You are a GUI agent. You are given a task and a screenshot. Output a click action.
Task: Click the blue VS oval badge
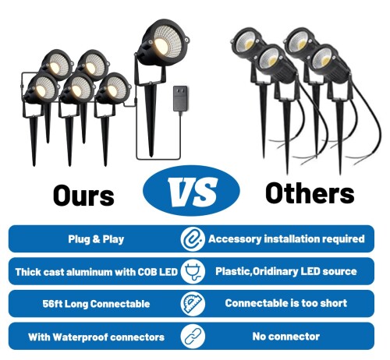tap(191, 191)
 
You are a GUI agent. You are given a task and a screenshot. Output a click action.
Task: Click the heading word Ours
tap(83, 195)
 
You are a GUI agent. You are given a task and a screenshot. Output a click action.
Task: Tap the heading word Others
tap(310, 193)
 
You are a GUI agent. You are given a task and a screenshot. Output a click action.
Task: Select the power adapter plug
tap(180, 99)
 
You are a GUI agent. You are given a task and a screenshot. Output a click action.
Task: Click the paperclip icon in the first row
tap(193, 239)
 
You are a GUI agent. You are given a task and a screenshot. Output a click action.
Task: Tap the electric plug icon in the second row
tap(193, 271)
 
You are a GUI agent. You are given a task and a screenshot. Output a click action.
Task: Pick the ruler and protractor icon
tap(193, 304)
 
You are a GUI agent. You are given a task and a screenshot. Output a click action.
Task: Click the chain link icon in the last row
tap(193, 336)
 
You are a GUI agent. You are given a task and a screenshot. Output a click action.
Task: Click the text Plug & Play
tap(96, 239)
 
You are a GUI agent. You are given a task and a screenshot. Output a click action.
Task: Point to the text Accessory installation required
tap(286, 239)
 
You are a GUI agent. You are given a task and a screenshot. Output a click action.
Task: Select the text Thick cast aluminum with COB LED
tap(96, 272)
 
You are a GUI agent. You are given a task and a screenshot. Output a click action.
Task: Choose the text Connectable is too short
tap(286, 303)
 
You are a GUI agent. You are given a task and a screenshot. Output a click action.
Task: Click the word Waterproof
tap(78, 337)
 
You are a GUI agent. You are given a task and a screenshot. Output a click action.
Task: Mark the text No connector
tap(286, 337)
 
